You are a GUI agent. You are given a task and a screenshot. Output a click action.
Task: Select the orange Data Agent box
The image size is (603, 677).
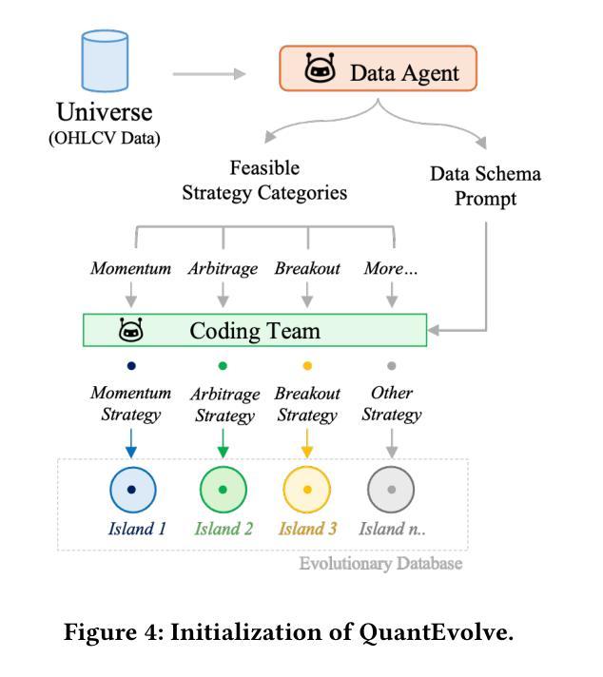pos(378,70)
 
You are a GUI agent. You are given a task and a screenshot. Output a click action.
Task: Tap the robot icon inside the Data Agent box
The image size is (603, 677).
pos(320,70)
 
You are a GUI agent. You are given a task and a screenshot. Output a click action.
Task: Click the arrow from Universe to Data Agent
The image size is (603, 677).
pos(208,72)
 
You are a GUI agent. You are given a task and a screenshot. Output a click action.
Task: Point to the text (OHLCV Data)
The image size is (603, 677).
pos(105,140)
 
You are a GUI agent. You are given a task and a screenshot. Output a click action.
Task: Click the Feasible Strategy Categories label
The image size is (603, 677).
pos(264,181)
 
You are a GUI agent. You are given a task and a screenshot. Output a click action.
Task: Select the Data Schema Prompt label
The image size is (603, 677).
pos(486,186)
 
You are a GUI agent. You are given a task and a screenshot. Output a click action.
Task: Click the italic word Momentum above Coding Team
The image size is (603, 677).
pos(130,268)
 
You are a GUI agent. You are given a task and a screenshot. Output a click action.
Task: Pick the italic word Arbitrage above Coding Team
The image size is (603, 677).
pos(223,268)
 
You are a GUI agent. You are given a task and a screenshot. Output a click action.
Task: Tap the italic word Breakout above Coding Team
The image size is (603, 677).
pos(307,268)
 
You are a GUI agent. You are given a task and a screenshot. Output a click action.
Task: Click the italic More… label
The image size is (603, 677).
pos(391,268)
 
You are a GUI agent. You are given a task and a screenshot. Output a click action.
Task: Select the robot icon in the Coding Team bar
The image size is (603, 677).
pos(132,330)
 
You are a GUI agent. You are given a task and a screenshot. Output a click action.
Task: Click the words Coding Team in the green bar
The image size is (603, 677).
pos(255,330)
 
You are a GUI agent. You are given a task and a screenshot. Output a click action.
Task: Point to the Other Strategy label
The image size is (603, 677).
pos(391,403)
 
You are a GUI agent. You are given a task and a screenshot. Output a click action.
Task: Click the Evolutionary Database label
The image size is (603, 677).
pos(380,564)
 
